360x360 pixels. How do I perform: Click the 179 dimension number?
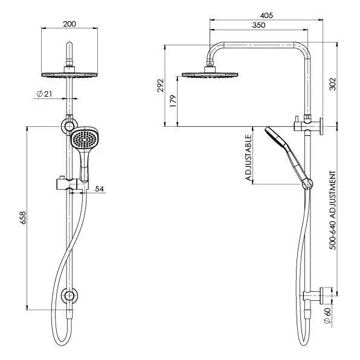point(173,101)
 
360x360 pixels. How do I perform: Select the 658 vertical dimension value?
point(22,218)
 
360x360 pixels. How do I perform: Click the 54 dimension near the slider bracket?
point(100,189)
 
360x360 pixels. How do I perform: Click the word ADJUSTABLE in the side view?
point(248,158)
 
